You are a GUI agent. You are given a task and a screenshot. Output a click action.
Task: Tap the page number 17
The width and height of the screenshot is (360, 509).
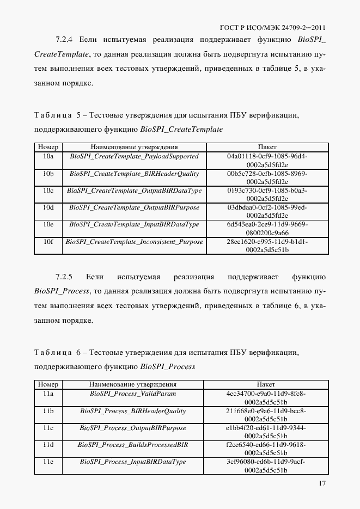tap(322, 484)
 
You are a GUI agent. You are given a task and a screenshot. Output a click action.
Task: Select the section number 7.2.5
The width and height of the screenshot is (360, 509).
tap(67, 277)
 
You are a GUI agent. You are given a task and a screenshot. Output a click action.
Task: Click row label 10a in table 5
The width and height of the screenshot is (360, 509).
tap(48, 156)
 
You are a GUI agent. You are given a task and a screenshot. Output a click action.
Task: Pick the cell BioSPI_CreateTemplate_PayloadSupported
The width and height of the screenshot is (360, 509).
tap(134, 156)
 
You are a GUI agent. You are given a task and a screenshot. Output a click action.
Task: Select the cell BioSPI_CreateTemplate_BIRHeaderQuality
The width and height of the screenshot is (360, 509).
tap(134, 174)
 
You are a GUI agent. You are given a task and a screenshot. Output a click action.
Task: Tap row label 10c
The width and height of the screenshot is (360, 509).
tap(48, 191)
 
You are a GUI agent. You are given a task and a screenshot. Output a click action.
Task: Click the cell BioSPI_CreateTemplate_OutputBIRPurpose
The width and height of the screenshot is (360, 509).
tap(134, 207)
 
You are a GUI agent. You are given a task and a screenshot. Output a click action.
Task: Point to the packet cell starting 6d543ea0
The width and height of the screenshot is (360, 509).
tap(267, 229)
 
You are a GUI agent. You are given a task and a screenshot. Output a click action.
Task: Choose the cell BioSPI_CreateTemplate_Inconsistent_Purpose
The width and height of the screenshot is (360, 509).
tap(134, 242)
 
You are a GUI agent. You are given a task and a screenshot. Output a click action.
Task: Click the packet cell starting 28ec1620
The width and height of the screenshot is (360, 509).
tap(267, 246)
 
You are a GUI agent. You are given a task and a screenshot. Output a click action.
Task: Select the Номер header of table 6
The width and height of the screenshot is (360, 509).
tap(48, 384)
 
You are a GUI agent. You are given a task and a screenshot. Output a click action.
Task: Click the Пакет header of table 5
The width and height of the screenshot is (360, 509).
tap(267, 147)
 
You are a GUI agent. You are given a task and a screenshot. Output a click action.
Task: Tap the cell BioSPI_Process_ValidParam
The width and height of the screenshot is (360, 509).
tap(133, 394)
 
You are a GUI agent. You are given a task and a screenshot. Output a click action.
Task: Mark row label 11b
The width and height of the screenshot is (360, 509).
tap(48, 411)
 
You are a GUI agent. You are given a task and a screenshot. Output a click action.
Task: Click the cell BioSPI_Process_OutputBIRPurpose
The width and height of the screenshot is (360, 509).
tap(133, 428)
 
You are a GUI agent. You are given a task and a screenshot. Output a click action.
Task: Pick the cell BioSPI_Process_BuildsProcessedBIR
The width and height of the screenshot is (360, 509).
tap(133, 445)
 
